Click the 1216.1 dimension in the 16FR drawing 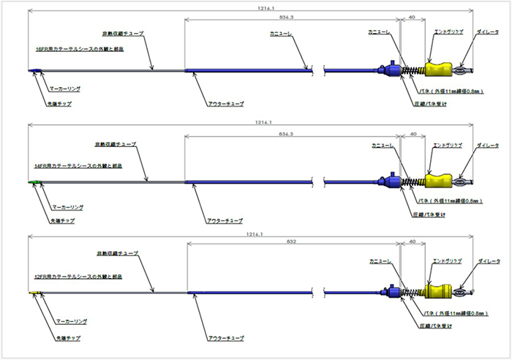pyautogui.click(x=255, y=8)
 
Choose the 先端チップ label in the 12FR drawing pyautogui.click(x=67, y=338)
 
